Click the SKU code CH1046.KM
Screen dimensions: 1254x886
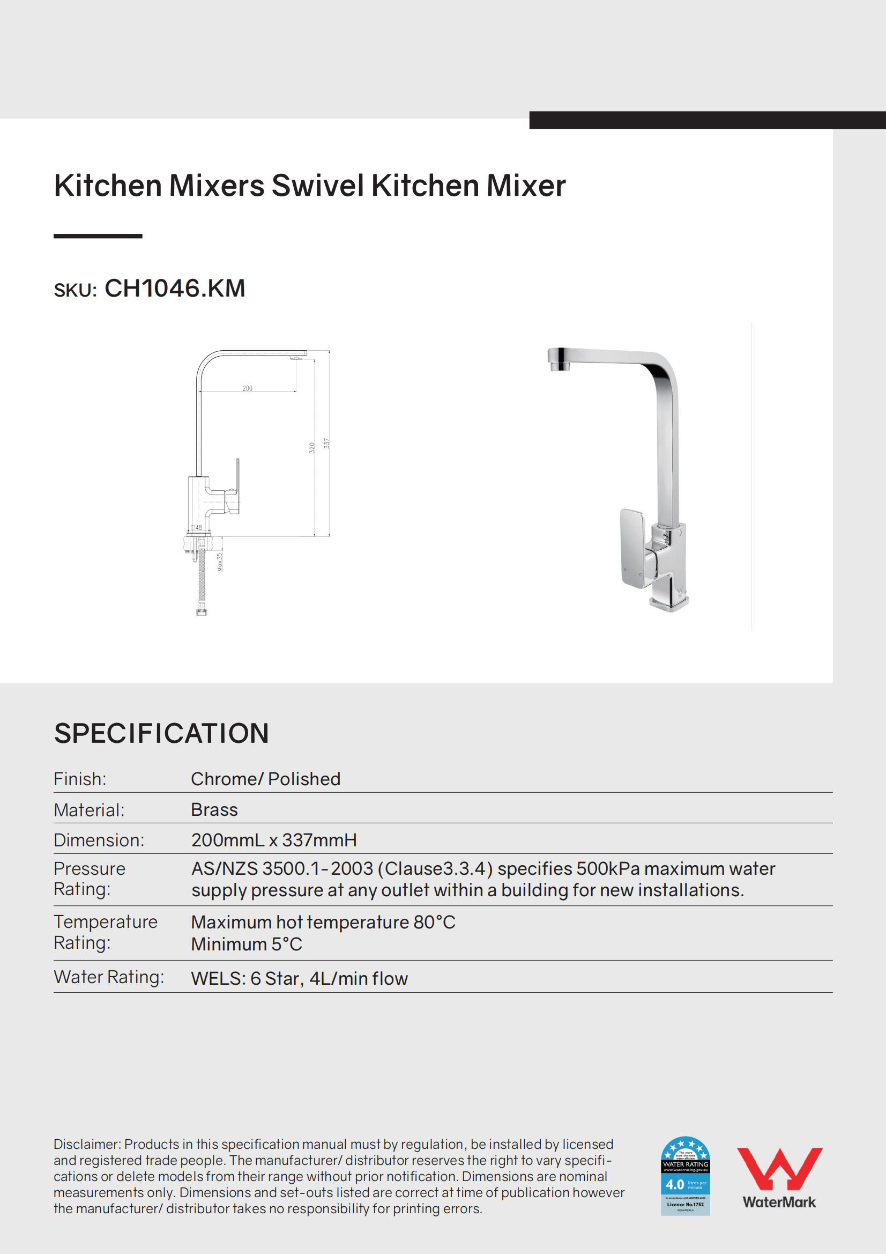click(x=175, y=289)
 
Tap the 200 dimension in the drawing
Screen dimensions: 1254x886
click(x=247, y=388)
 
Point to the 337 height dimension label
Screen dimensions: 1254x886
click(x=326, y=443)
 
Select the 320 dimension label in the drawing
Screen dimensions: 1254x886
click(x=312, y=447)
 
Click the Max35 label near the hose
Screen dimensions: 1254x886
click(x=219, y=562)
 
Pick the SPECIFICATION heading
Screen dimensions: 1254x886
click(x=161, y=733)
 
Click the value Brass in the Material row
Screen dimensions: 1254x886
click(x=214, y=809)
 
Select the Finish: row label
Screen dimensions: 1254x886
click(x=80, y=779)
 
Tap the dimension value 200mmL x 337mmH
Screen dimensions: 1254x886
click(x=273, y=840)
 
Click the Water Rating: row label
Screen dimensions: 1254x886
click(x=109, y=977)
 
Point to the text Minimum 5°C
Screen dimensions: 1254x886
click(x=246, y=945)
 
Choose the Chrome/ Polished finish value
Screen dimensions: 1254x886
click(x=265, y=779)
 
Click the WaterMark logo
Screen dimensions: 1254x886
click(x=779, y=1178)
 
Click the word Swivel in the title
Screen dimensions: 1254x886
click(x=318, y=186)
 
